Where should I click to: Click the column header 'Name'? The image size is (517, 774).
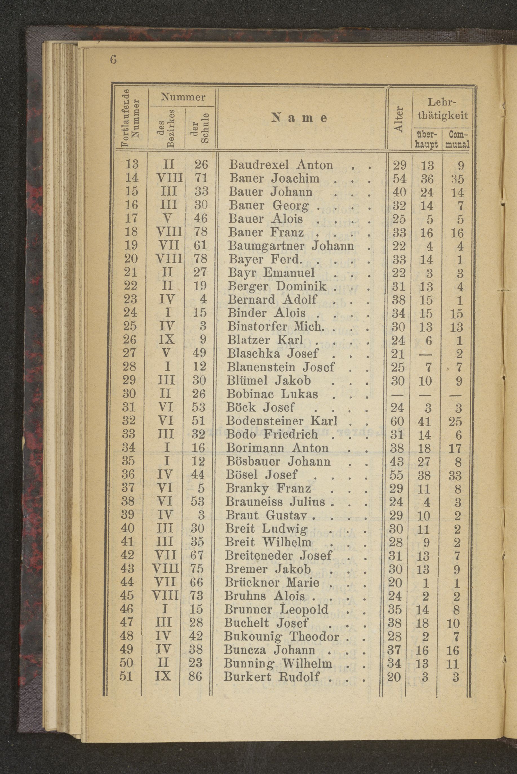(x=299, y=118)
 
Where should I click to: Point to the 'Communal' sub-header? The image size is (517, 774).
(x=457, y=139)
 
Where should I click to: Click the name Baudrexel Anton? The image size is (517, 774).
(x=281, y=164)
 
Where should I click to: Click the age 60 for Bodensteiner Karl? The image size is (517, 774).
(x=397, y=421)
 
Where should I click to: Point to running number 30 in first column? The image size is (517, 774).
(x=129, y=394)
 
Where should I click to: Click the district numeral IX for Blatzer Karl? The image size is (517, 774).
(x=167, y=340)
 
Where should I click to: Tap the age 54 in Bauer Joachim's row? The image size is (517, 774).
(x=400, y=179)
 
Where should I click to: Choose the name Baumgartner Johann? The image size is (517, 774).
(x=291, y=246)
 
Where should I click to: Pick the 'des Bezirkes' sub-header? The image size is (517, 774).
(x=167, y=128)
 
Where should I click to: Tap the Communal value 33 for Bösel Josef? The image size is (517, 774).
(x=455, y=475)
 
